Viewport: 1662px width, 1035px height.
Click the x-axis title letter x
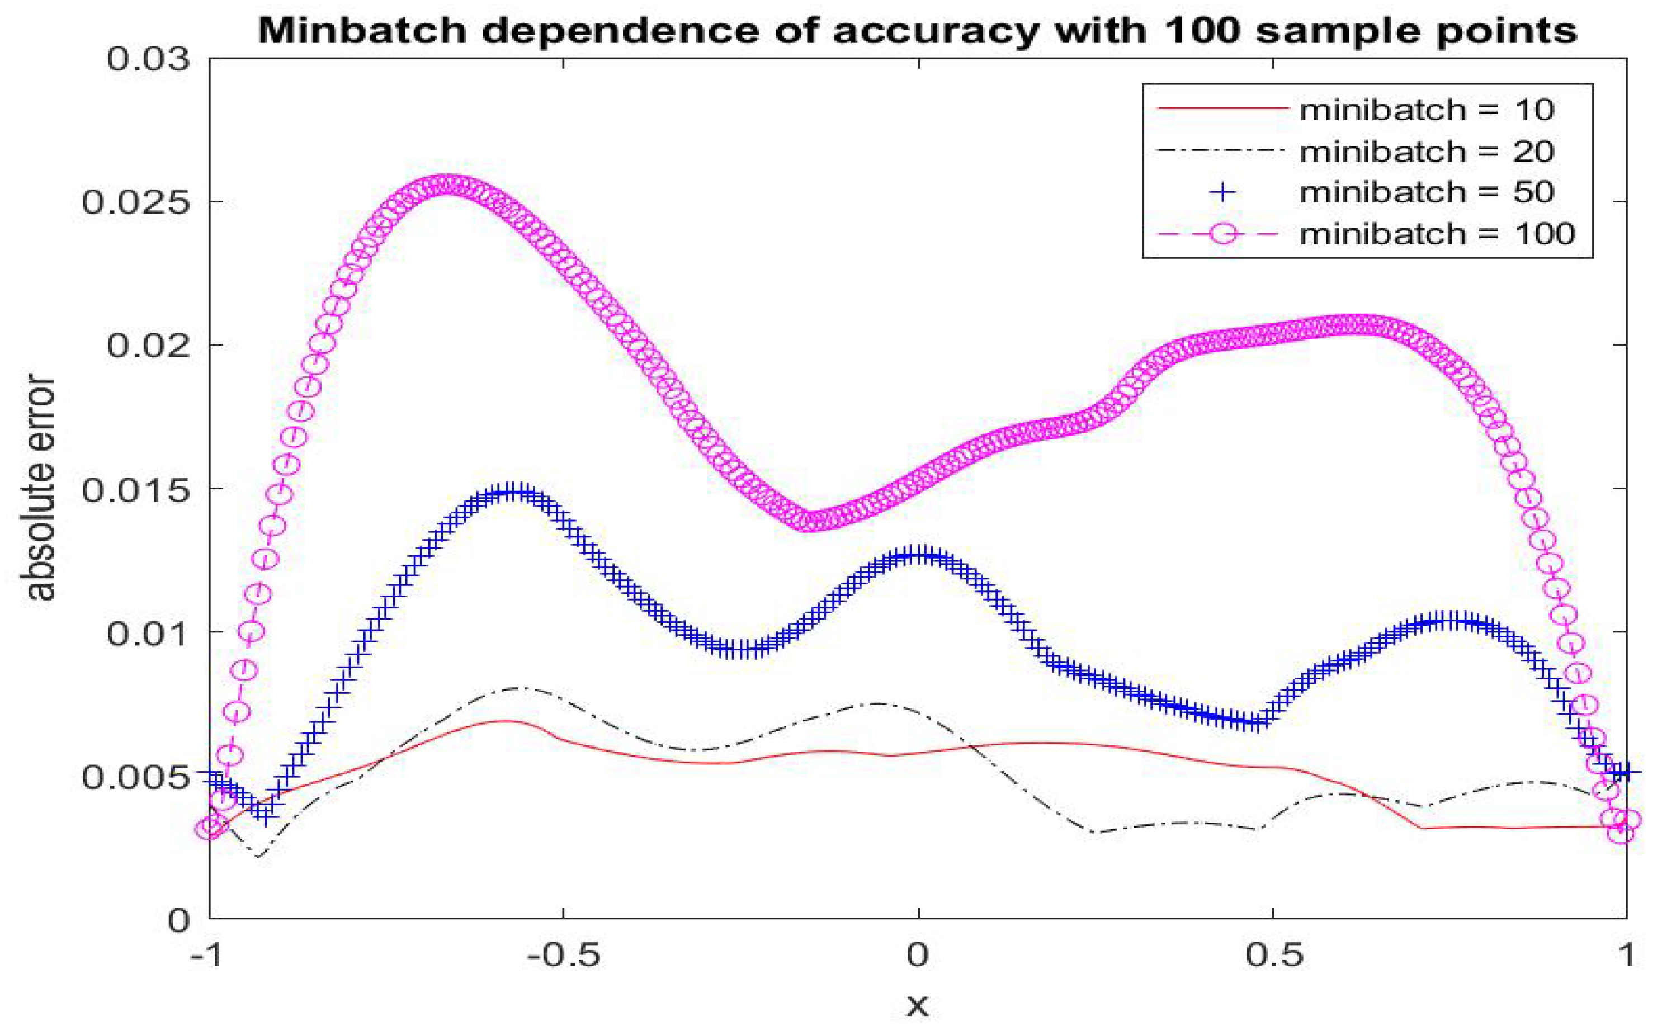point(917,1005)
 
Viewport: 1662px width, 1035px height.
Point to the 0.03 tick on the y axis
point(147,59)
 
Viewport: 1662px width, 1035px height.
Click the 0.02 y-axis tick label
point(147,345)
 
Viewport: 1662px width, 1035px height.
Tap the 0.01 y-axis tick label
point(147,632)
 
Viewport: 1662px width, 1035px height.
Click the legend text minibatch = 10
point(1427,110)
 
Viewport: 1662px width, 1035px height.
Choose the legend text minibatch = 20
point(1427,150)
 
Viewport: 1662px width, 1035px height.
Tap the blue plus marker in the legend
point(1222,192)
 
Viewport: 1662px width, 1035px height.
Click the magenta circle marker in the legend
point(1222,233)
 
